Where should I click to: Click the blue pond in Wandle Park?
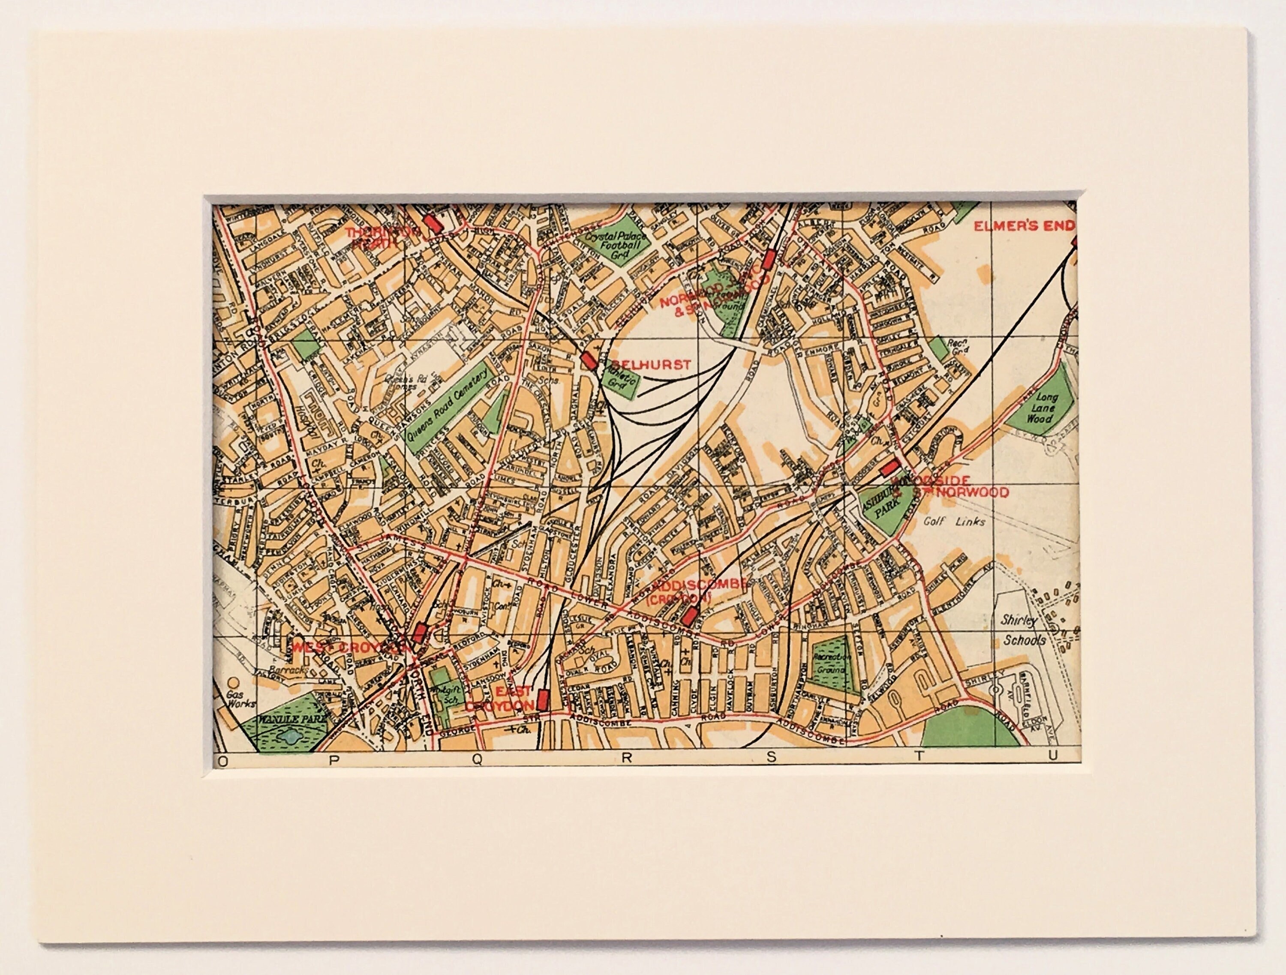click(289, 737)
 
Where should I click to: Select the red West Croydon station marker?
click(420, 633)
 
